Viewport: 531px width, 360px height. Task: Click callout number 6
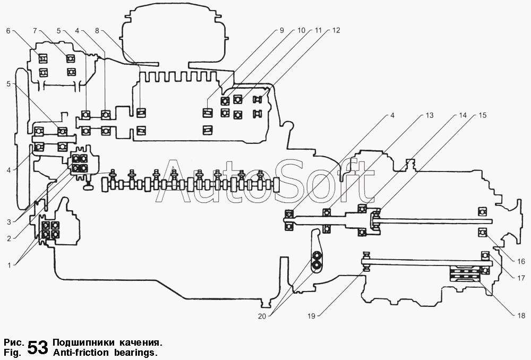[8, 31]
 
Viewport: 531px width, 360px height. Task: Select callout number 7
[35, 31]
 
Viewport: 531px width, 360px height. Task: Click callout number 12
[336, 31]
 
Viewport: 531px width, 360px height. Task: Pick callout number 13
[429, 115]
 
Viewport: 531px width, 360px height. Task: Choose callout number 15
[482, 115]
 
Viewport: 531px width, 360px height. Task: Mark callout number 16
[521, 261]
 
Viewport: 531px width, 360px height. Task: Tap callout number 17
[521, 277]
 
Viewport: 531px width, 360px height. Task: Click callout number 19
[311, 316]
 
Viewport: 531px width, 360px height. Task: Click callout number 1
[7, 264]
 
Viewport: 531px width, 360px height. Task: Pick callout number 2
[8, 238]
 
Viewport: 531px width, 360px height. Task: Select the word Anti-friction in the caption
[79, 353]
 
